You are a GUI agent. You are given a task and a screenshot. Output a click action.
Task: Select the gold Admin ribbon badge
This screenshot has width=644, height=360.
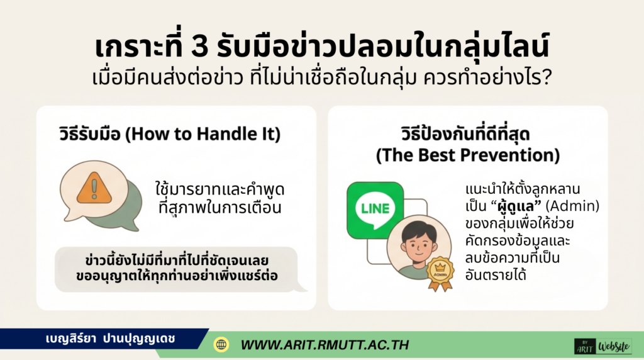coord(440,273)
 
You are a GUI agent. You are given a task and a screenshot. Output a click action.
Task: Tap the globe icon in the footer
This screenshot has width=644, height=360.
coord(221,344)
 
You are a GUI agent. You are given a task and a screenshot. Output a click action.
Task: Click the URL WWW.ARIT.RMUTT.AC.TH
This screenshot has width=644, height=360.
coord(325,345)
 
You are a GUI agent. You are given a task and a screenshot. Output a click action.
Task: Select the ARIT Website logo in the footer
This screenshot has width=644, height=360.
coord(602,346)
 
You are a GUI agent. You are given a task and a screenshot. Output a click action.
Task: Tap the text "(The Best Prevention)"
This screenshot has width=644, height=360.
coord(468,155)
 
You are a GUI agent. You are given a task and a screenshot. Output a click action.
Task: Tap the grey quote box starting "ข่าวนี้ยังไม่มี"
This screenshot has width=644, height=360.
coord(175,269)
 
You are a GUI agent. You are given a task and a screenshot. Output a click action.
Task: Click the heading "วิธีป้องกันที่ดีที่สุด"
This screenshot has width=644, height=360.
coord(468,135)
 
